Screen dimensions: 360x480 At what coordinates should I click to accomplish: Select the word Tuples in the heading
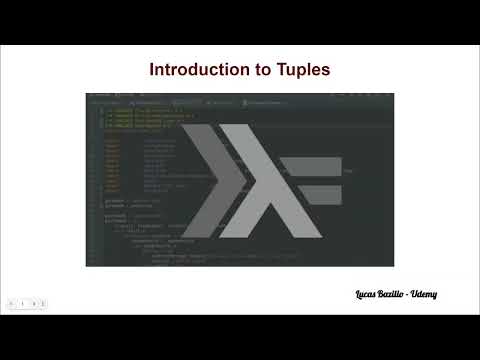point(298,70)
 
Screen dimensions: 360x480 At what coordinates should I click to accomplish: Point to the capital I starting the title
point(152,70)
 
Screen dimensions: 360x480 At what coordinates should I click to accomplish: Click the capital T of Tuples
point(272,70)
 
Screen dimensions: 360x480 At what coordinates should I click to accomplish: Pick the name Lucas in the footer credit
point(367,294)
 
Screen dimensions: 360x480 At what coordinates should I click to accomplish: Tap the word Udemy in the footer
point(424,294)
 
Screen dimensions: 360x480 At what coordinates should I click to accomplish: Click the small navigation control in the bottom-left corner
point(27,302)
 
